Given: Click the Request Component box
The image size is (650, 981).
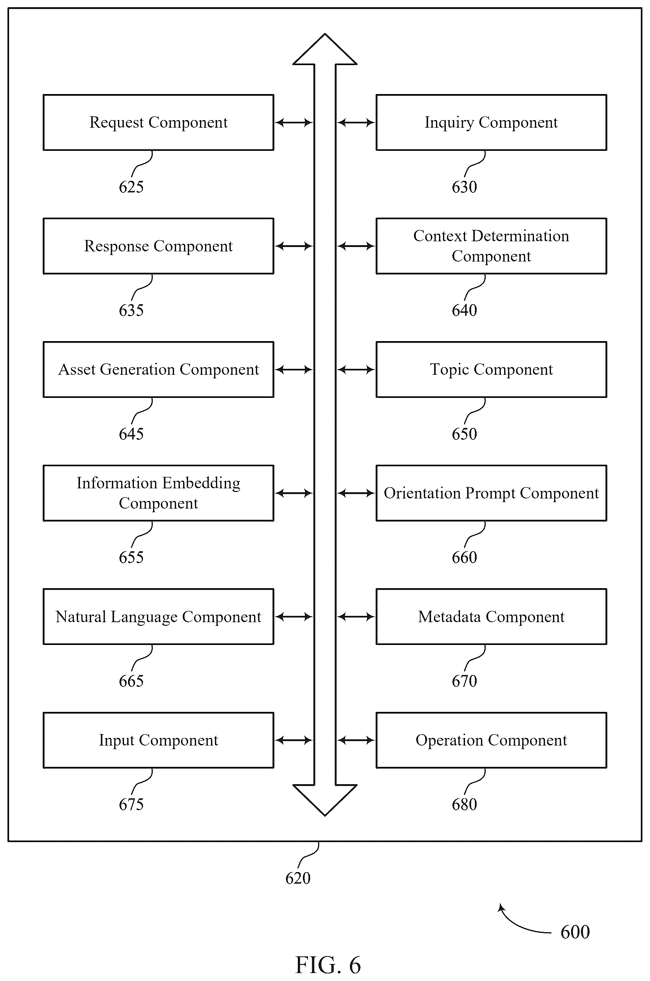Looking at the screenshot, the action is coord(159,122).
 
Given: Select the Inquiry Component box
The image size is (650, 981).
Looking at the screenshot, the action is coord(491,122).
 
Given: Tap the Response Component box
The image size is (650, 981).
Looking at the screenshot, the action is coord(159,246).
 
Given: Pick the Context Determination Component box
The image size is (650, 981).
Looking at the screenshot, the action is coord(491,246).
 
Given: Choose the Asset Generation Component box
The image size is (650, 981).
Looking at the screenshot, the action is coord(159,370).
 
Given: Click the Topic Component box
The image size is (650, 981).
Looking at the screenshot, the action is coord(491,370).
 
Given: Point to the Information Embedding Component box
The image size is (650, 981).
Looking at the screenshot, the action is coord(159,493).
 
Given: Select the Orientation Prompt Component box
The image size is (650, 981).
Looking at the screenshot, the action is coord(491,493).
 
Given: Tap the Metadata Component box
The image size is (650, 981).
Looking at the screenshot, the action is coord(491,616).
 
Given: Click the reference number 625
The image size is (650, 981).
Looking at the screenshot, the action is coord(131,187).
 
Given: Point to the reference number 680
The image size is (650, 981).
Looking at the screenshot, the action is coord(464,804).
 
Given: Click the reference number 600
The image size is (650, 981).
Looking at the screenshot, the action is coord(575,932).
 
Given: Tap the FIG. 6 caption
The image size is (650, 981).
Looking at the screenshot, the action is coord(328,965).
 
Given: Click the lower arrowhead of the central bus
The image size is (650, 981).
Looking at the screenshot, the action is coord(325,800).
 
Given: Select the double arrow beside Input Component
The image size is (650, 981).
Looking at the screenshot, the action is coord(294,740).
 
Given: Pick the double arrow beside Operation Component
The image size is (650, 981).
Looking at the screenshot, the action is coord(356,740).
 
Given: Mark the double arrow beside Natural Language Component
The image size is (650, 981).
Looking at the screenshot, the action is coord(294,617).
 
